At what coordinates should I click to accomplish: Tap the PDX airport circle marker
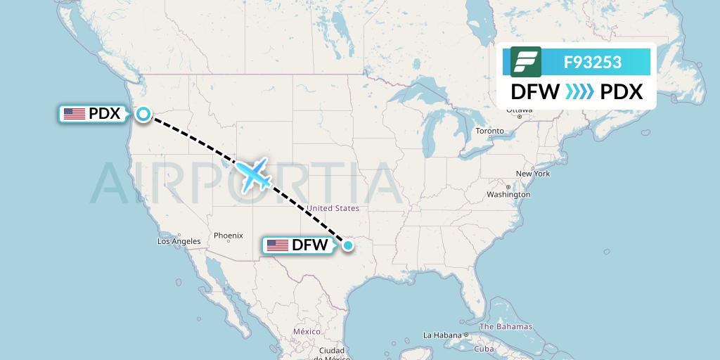143,114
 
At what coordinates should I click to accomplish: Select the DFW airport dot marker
347,245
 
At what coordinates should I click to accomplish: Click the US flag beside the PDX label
74,114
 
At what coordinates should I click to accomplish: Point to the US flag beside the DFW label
278,245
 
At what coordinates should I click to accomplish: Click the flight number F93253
592,62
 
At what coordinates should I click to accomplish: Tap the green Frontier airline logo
526,62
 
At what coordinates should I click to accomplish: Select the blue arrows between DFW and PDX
579,92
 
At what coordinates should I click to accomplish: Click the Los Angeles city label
179,241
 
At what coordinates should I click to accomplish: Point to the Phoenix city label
228,236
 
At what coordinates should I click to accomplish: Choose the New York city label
532,174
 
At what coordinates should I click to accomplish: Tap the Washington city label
508,194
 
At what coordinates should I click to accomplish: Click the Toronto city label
489,131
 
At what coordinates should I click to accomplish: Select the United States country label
333,208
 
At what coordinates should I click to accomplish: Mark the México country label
307,331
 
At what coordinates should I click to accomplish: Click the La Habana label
441,335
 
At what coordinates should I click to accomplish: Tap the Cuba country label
484,349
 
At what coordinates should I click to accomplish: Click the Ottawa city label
519,110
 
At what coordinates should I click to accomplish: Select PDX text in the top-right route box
622,92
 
